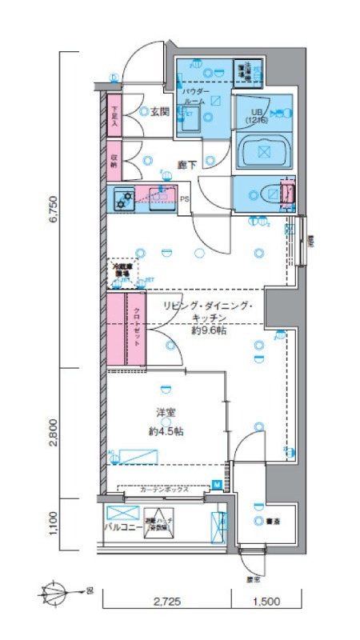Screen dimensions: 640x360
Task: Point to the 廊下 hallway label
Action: (187, 164)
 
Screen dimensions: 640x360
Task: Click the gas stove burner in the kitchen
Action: (122, 198)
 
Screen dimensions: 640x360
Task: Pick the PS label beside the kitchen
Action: (184, 200)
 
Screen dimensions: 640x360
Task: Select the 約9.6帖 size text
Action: (207, 330)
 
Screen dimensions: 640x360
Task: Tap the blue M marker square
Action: (216, 483)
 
